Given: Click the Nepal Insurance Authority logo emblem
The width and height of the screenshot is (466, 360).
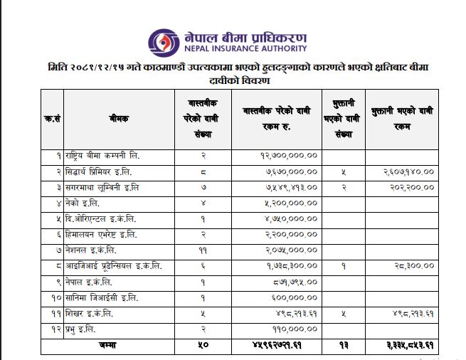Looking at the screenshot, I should pos(163,41).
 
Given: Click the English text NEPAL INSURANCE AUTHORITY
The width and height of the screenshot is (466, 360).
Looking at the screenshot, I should pos(244,49).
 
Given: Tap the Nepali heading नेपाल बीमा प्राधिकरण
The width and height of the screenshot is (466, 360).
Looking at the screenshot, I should pos(244,36).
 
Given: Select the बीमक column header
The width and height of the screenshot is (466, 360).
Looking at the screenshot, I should pos(120,119).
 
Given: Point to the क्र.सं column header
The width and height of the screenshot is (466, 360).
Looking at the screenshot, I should pos(51,119).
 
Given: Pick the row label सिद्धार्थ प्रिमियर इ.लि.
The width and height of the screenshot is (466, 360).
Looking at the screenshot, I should pos(100,171).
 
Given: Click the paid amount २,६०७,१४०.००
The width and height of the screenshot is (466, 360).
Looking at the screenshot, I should pos(403,171).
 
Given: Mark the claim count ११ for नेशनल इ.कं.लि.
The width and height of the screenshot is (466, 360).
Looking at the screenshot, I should pos(203,250).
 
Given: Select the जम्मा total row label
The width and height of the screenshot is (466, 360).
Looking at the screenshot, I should pos(107,345).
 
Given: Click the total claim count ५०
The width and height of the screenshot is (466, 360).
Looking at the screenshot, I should pos(203,345).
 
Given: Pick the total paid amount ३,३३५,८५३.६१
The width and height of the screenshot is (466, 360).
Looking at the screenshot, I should pos(403,345).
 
